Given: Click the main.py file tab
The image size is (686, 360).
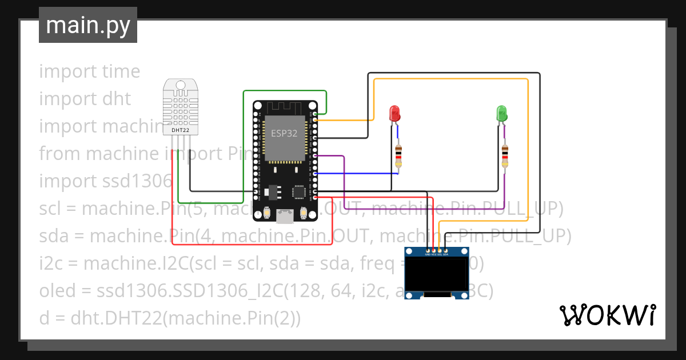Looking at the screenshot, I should (88, 25).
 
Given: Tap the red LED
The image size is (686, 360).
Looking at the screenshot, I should (394, 113).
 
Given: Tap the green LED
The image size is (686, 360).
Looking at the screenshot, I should (501, 113).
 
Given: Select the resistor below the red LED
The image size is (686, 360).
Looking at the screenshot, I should (398, 155).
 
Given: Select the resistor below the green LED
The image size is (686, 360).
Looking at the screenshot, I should (505, 156).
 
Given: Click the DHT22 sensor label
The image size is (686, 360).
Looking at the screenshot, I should (181, 130).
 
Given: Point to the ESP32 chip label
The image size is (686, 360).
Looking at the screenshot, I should (284, 133).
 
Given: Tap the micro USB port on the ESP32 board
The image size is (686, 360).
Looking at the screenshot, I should (284, 215).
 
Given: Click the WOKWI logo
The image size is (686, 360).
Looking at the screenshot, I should (607, 315).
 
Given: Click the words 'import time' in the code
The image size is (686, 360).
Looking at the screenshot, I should (89, 71).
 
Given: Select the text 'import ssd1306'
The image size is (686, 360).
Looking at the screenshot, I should (105, 181).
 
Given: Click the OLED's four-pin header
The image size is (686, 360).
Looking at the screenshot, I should (436, 250).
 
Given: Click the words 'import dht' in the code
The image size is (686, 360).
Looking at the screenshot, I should (85, 99).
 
